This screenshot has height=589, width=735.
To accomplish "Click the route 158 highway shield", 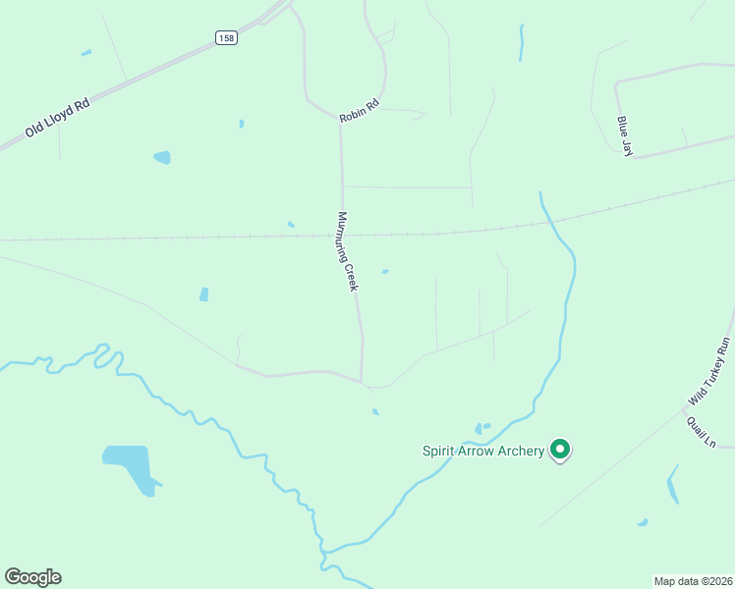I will pyautogui.click(x=226, y=37).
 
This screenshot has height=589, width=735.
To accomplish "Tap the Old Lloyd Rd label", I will pyautogui.click(x=58, y=116).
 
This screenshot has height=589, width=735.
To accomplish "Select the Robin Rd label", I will pyautogui.click(x=359, y=111).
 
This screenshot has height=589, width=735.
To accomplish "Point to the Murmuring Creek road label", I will pyautogui.click(x=347, y=250).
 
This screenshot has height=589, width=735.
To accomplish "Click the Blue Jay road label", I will pyautogui.click(x=625, y=135).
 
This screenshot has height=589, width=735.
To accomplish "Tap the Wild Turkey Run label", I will pyautogui.click(x=710, y=372).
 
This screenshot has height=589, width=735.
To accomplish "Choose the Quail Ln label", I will pyautogui.click(x=702, y=432).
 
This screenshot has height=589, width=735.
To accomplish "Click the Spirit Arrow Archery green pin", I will pyautogui.click(x=560, y=450).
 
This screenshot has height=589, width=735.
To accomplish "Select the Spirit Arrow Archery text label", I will pyautogui.click(x=482, y=451).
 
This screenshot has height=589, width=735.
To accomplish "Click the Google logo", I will pyautogui.click(x=32, y=576).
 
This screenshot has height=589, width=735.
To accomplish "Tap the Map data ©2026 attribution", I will pyautogui.click(x=694, y=581).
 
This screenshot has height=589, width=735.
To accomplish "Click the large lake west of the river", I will pyautogui.click(x=130, y=467).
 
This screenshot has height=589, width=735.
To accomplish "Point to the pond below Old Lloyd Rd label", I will pyautogui.click(x=162, y=157).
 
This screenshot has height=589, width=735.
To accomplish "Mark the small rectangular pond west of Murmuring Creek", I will pyautogui.click(x=203, y=294).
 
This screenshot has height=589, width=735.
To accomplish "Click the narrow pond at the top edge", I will pyautogui.click(x=522, y=42).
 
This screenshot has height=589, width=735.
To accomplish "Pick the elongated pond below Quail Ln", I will pyautogui.click(x=672, y=485).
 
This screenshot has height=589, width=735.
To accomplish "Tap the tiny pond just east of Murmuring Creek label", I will pyautogui.click(x=385, y=272).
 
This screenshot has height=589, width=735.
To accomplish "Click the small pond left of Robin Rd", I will pyautogui.click(x=241, y=124).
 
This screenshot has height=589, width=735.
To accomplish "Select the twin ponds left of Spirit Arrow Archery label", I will pyautogui.click(x=481, y=427).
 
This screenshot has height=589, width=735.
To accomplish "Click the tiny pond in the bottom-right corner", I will pyautogui.click(x=643, y=522).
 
